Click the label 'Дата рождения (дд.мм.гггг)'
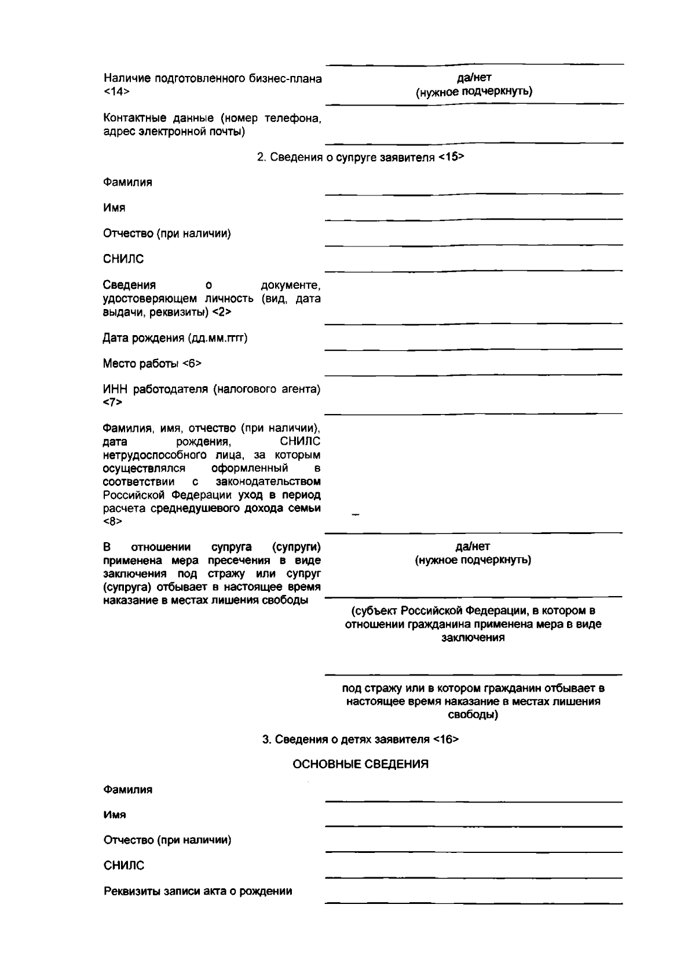pyautogui.click(x=175, y=338)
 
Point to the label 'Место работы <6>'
pyautogui.click(x=152, y=364)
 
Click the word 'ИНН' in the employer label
pyautogui.click(x=113, y=389)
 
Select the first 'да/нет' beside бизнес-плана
pyautogui.click(x=474, y=78)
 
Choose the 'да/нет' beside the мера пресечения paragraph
pyautogui.click(x=473, y=546)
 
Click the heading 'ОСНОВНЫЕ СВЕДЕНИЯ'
pyautogui.click(x=360, y=764)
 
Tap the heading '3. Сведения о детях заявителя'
pyautogui.click(x=346, y=739)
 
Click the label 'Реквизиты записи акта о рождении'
pyautogui.click(x=197, y=891)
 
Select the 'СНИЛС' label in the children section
pyautogui.click(x=123, y=866)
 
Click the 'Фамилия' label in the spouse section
pyautogui.click(x=127, y=182)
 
